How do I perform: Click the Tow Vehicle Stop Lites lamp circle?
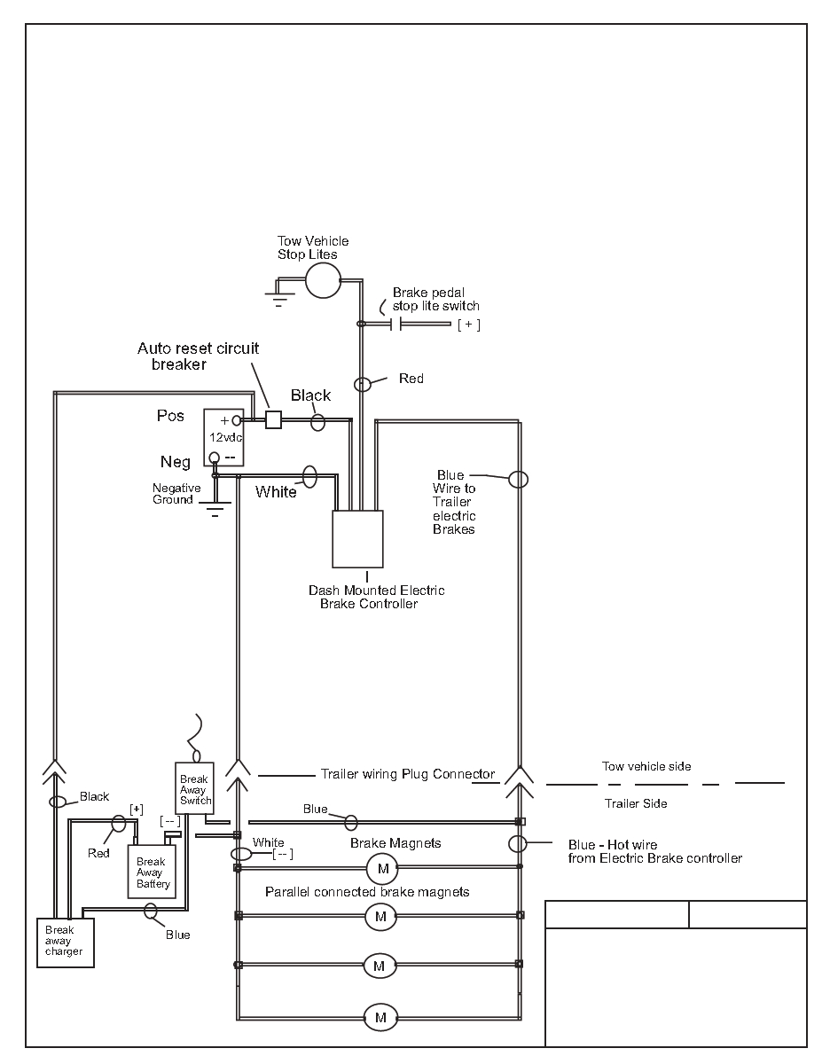[x=323, y=279]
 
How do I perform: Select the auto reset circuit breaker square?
[x=274, y=419]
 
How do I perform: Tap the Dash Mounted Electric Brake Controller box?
[x=357, y=538]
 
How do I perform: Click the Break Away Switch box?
[x=194, y=786]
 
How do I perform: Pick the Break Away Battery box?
[x=151, y=872]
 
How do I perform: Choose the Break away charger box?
[x=65, y=942]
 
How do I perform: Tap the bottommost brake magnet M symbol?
[x=380, y=1017]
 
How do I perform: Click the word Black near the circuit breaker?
[x=310, y=395]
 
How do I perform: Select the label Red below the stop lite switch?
[x=411, y=379]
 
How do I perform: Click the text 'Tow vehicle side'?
[x=646, y=766]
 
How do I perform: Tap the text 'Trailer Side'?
[x=636, y=803]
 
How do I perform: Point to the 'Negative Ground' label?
[x=176, y=494]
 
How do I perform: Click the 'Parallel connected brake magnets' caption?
[x=367, y=891]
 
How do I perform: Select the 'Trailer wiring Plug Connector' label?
[x=407, y=773]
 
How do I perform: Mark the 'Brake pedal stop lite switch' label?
[x=435, y=299]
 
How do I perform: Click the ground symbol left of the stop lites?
[x=278, y=293]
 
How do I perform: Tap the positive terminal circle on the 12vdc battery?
[x=238, y=420]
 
